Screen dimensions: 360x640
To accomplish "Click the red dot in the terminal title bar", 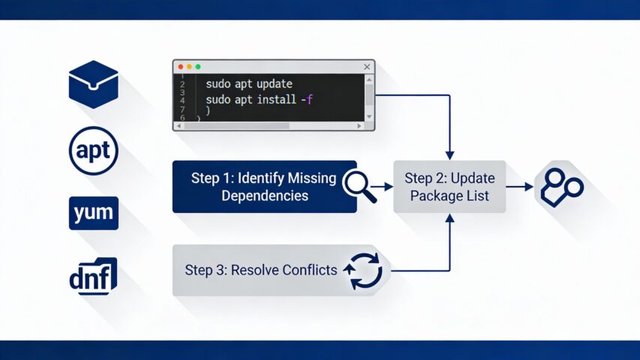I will click(x=180, y=67).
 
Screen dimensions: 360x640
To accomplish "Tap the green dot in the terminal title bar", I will click(x=197, y=67).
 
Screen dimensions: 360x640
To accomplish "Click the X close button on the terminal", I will click(x=367, y=67).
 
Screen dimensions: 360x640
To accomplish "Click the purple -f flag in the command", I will click(x=307, y=98).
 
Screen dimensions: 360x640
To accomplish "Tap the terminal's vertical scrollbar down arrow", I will click(x=368, y=116).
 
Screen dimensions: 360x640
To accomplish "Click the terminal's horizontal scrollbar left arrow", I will click(x=178, y=126).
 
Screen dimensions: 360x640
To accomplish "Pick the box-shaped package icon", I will click(x=94, y=84).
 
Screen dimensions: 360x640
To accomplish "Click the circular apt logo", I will click(x=94, y=151).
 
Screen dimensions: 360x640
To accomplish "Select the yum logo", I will click(x=94, y=214).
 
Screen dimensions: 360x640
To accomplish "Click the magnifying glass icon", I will click(x=360, y=186).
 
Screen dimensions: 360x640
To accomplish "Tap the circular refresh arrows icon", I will click(x=363, y=270).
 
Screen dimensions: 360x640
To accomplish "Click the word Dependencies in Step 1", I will click(x=265, y=196).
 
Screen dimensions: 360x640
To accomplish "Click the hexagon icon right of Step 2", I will click(x=559, y=187).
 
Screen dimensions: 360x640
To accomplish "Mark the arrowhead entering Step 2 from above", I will click(x=449, y=154).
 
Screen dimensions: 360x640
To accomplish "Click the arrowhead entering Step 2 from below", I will click(x=449, y=218).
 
